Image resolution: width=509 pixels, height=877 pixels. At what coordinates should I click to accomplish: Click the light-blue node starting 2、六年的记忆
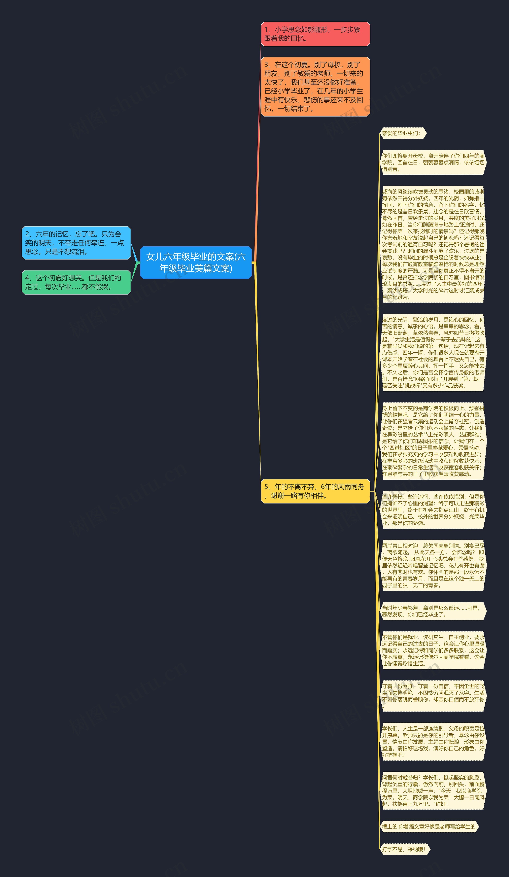click(x=76, y=243)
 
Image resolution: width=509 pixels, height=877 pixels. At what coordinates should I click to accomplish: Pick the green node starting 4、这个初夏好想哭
click(x=76, y=282)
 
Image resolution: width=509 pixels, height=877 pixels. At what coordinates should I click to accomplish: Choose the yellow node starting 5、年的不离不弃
click(x=315, y=491)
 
